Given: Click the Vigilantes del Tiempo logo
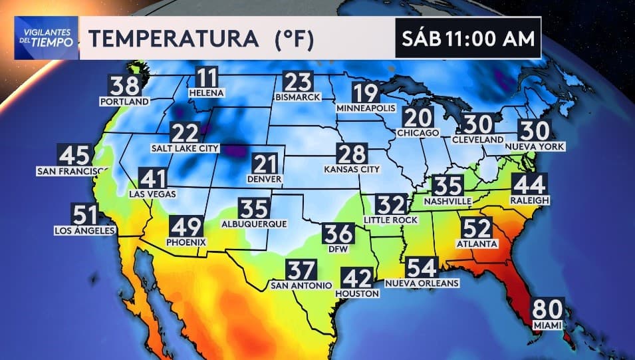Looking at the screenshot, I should click(46, 37).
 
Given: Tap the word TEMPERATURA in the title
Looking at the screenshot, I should click(174, 39).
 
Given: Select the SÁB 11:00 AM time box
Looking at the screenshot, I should click(467, 39).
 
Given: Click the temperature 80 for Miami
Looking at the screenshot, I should click(547, 311).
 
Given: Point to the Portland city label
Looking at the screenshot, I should click(124, 102).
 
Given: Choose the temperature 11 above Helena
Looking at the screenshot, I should click(207, 79).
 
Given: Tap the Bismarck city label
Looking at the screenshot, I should click(297, 97).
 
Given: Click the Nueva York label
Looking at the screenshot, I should click(534, 146).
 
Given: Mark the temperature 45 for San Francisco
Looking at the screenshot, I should click(74, 156).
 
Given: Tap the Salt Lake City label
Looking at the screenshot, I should click(186, 148).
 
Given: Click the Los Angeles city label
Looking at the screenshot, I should click(84, 231).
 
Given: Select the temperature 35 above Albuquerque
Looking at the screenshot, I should click(254, 209).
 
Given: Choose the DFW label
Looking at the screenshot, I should click(338, 250).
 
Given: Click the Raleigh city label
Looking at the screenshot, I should click(529, 200).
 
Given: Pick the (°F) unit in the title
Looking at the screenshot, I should click(295, 39).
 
